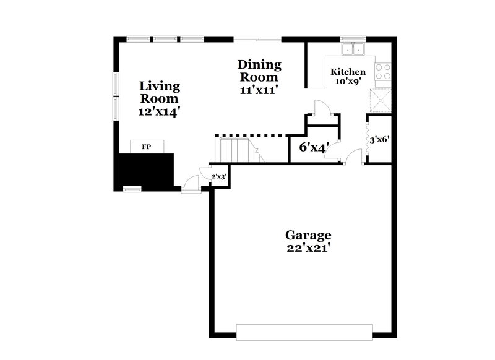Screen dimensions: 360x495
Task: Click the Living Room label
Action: (160, 92)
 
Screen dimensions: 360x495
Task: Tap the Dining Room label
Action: (259, 71)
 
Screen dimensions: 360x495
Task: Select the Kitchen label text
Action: (352, 72)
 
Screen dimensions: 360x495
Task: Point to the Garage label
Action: (308, 235)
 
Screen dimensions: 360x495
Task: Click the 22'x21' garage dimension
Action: (308, 248)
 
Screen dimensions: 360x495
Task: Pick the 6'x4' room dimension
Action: (314, 147)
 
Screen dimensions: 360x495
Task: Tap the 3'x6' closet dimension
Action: (379, 140)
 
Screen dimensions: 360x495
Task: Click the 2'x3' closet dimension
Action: (219, 176)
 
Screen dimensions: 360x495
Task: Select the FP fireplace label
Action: (147, 147)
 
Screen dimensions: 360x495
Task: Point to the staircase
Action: (236, 150)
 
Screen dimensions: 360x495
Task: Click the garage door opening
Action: (304, 332)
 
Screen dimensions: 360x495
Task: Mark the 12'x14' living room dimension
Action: (160, 112)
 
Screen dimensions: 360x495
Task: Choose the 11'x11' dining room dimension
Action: (259, 90)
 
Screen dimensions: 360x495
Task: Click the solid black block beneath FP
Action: (147, 169)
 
